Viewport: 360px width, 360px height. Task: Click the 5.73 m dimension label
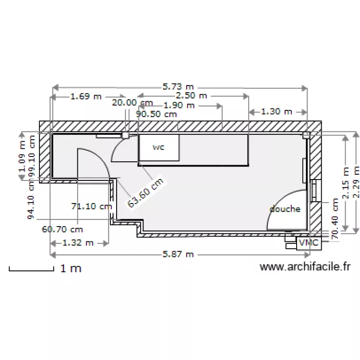178,87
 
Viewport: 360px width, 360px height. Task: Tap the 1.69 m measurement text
86,96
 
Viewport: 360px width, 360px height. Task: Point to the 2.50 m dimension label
192,96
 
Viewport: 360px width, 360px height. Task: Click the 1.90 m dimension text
179,105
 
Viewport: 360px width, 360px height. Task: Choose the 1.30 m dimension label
276,111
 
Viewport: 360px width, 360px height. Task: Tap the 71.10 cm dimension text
91,206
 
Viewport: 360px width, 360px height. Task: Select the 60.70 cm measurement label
62,229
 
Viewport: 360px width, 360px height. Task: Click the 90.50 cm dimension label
156,114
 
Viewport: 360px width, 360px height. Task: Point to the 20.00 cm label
132,102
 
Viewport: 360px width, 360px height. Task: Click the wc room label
158,147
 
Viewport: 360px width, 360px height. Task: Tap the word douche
285,209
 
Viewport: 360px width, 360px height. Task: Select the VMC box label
309,243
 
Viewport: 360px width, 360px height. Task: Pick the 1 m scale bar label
71,268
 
